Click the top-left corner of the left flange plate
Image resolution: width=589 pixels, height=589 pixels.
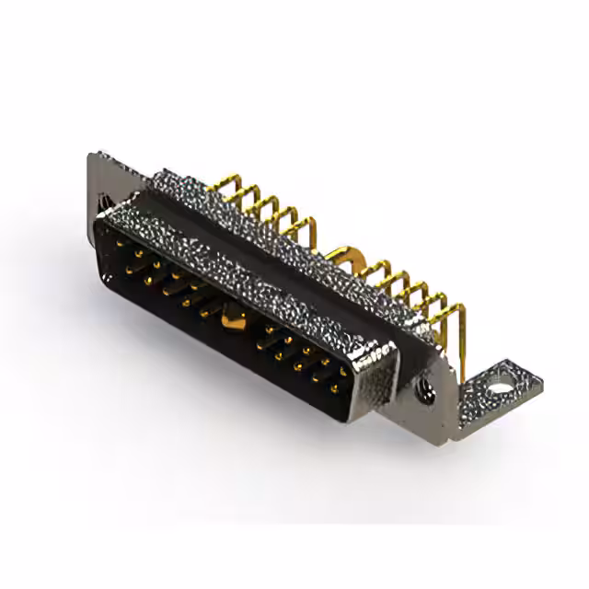(x=93, y=156)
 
